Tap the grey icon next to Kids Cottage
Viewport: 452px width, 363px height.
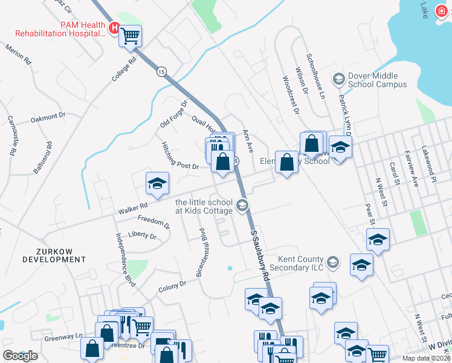point(242,206)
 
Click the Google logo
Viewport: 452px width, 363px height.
point(20,356)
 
